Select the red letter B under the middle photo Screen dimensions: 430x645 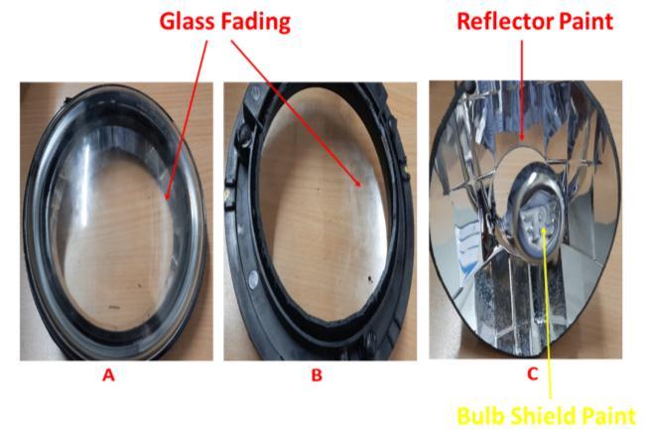click(x=315, y=374)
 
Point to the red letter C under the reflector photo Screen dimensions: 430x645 click(x=532, y=374)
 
